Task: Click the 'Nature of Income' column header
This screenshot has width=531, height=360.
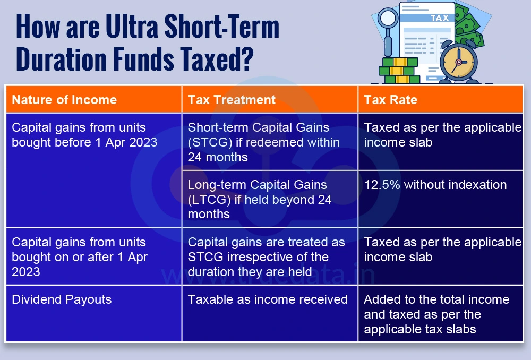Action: (x=64, y=100)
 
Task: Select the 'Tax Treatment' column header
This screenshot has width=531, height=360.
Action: (x=232, y=100)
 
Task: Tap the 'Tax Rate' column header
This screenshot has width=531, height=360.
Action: (x=390, y=100)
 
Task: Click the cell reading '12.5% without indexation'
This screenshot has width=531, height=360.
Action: (x=435, y=185)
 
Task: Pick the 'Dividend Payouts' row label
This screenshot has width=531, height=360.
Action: (x=62, y=299)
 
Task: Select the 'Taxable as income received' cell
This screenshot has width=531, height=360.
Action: (x=268, y=299)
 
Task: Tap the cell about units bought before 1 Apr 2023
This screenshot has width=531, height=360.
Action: (x=84, y=135)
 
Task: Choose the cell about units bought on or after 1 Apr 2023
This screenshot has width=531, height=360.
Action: (x=80, y=257)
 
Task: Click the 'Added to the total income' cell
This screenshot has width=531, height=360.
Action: (x=436, y=314)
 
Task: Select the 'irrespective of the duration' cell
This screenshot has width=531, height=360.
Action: (x=266, y=257)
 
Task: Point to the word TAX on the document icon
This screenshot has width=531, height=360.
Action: (x=439, y=18)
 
